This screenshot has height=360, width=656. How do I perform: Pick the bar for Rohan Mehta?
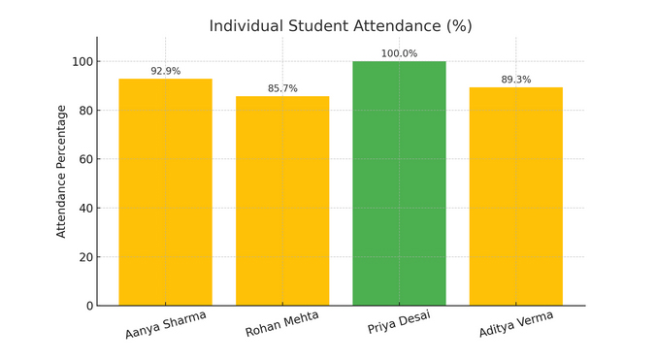(282, 201)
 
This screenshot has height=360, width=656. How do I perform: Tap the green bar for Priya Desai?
(399, 183)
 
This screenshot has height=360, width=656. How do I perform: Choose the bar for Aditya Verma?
(515, 196)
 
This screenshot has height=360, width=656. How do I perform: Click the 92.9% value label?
(165, 71)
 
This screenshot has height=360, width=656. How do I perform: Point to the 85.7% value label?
(282, 88)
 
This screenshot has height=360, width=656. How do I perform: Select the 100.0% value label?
(399, 53)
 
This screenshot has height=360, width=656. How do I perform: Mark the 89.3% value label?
(515, 80)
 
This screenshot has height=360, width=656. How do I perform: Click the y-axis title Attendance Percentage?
(62, 171)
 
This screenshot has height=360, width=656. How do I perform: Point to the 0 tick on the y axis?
(88, 306)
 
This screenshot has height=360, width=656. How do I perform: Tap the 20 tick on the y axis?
(85, 257)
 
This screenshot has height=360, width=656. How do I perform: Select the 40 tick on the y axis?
(85, 208)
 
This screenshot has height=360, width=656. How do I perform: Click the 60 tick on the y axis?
(85, 159)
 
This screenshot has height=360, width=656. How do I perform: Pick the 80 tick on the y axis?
(85, 111)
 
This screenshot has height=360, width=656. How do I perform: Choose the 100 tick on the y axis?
(82, 61)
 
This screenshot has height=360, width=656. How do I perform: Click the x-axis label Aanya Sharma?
(165, 324)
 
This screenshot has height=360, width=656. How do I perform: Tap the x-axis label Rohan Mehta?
(282, 324)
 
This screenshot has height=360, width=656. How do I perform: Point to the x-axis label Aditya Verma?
(515, 324)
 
